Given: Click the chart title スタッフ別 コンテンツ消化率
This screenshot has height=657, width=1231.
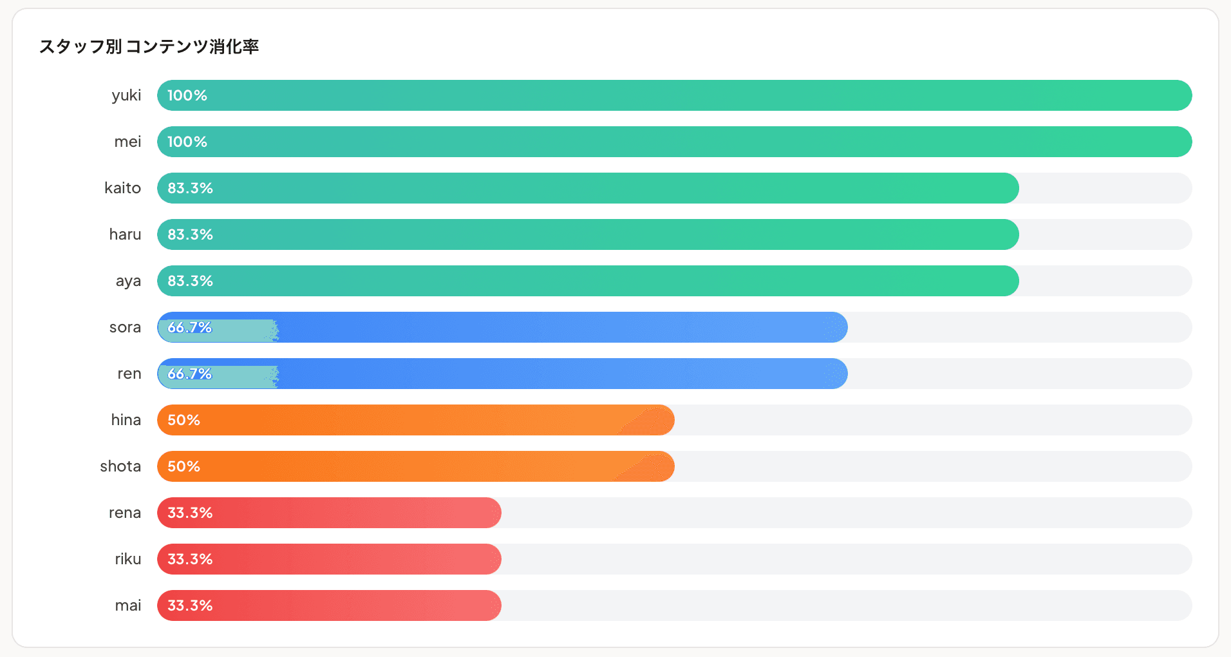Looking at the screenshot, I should point(149,46).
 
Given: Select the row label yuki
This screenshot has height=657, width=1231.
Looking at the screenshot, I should point(126,95).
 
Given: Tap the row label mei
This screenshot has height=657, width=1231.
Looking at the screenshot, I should point(127,142).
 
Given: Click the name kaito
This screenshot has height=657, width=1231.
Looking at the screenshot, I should point(122,188).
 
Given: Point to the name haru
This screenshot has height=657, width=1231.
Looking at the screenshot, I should point(125,234).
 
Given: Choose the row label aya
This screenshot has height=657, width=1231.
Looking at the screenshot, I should point(128,281).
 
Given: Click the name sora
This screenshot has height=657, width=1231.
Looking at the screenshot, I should point(125,327).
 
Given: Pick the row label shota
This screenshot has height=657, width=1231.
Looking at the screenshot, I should point(120,466).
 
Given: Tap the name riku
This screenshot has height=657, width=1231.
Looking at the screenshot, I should point(127,559).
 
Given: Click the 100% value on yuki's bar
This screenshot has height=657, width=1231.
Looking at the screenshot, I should point(187,95).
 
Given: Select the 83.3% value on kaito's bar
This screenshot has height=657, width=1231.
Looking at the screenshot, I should point(190,188).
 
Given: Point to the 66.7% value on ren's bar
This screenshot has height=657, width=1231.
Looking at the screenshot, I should point(190,374).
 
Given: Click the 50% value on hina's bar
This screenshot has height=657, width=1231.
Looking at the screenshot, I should point(183,420).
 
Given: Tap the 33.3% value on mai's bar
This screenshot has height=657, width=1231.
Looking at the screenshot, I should point(190,605).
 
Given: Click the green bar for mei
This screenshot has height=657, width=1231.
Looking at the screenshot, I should point(674,142).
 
